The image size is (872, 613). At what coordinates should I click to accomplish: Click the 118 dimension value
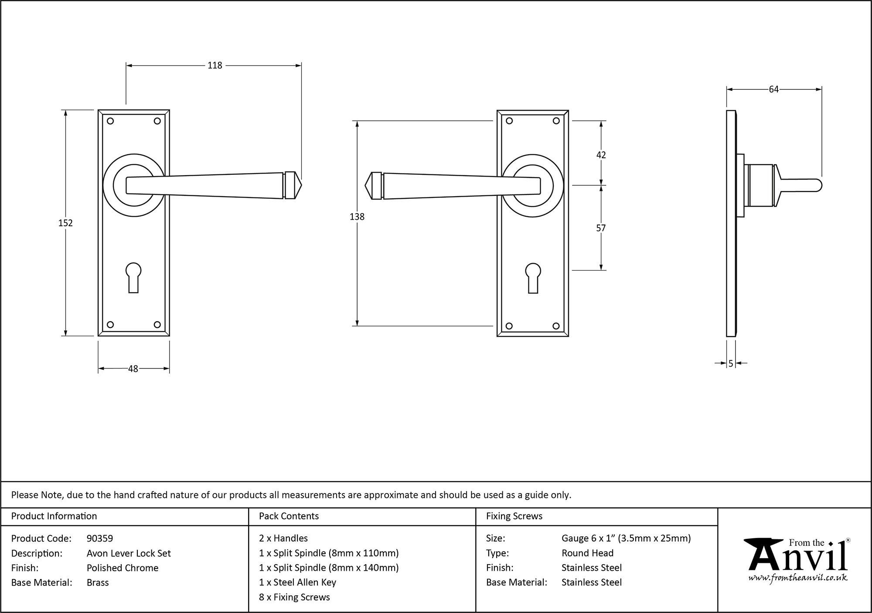tap(215, 65)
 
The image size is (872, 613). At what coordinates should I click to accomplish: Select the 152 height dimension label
tap(65, 223)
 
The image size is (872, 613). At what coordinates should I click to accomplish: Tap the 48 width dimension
tap(133, 369)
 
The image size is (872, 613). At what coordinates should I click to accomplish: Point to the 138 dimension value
tap(357, 216)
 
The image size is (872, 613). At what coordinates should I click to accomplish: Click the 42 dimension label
tap(601, 155)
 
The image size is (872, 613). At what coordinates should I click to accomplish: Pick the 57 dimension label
tap(601, 228)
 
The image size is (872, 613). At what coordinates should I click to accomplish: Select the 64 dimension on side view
tap(773, 89)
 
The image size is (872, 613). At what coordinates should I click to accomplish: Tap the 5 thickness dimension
tap(731, 363)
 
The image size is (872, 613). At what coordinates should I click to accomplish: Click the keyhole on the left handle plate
tap(133, 276)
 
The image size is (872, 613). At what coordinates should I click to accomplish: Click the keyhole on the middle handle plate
tap(533, 277)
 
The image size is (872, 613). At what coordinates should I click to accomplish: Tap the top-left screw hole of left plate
tap(110, 121)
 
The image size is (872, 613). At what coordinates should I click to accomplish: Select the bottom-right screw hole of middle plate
tap(556, 326)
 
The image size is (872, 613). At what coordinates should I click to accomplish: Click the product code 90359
tap(100, 538)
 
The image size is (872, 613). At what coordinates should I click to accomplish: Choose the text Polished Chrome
tap(123, 568)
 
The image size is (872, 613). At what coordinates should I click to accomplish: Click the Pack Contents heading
tap(289, 516)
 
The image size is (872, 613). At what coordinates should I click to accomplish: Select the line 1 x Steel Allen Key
tap(297, 582)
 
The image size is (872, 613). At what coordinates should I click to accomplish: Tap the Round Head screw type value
tap(587, 553)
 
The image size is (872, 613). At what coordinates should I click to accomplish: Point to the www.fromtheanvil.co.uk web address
tap(798, 578)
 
